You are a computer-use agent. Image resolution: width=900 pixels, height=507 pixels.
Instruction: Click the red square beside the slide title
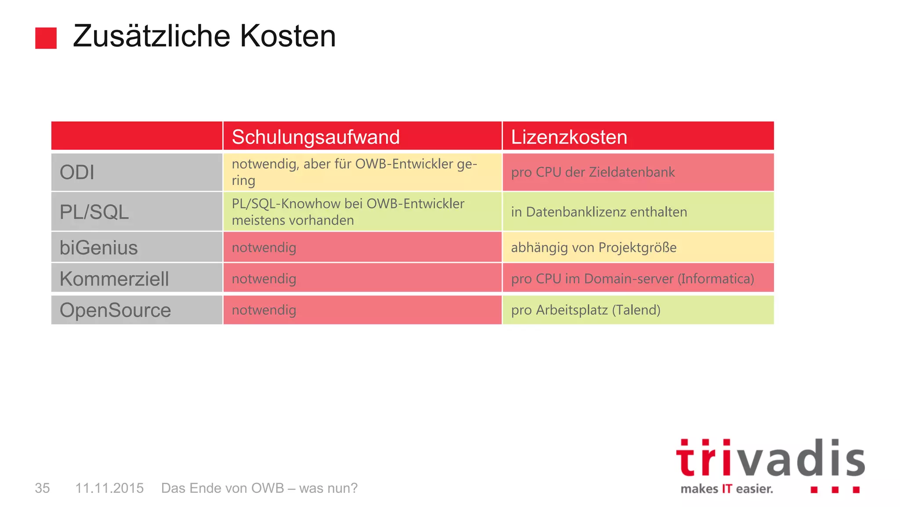46,38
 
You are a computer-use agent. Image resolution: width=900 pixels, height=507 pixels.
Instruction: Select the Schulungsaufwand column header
316,137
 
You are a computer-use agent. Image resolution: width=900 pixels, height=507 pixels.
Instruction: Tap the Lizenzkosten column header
569,137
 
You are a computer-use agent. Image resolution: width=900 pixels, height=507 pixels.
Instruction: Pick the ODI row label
77,172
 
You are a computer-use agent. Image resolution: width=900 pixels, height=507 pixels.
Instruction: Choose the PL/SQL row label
94,212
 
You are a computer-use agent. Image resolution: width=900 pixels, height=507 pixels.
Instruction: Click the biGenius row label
98,248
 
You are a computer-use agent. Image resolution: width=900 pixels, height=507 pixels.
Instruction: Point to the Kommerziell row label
114,279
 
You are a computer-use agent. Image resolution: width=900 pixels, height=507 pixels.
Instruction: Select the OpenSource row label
115,310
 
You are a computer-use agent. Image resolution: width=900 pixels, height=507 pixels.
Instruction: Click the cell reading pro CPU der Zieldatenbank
592,172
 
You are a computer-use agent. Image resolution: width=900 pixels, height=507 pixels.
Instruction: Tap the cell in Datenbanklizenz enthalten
599,212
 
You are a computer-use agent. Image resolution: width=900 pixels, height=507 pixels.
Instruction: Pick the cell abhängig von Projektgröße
593,248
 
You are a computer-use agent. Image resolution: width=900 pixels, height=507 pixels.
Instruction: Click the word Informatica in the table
716,279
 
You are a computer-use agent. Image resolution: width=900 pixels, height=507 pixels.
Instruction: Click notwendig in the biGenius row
264,248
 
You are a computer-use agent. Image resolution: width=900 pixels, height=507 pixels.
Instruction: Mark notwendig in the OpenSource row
264,310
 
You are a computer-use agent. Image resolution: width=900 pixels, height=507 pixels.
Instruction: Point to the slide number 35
42,488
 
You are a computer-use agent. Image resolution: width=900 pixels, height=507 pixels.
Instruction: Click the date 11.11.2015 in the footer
109,488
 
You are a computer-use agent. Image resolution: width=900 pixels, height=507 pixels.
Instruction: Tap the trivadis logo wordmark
770,459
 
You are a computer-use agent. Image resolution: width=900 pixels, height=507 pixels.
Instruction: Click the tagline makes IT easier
726,489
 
